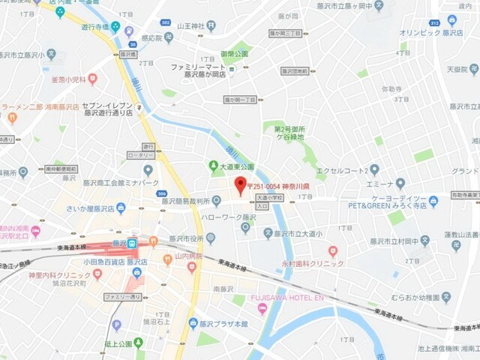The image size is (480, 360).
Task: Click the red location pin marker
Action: click(x=240, y=185)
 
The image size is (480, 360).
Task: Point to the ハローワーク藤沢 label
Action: click(x=229, y=217)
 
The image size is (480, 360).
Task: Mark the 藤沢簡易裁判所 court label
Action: click(x=187, y=201)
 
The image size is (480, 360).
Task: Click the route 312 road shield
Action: click(x=434, y=23)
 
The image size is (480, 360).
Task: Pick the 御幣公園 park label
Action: click(x=233, y=54)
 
